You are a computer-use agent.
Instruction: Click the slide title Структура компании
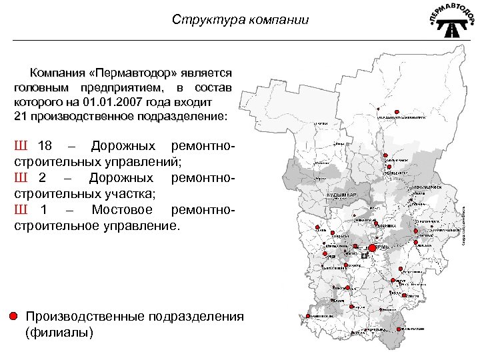click(x=240, y=20)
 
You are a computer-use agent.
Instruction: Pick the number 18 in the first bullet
click(x=45, y=146)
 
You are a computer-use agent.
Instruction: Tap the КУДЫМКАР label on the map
click(x=342, y=194)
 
